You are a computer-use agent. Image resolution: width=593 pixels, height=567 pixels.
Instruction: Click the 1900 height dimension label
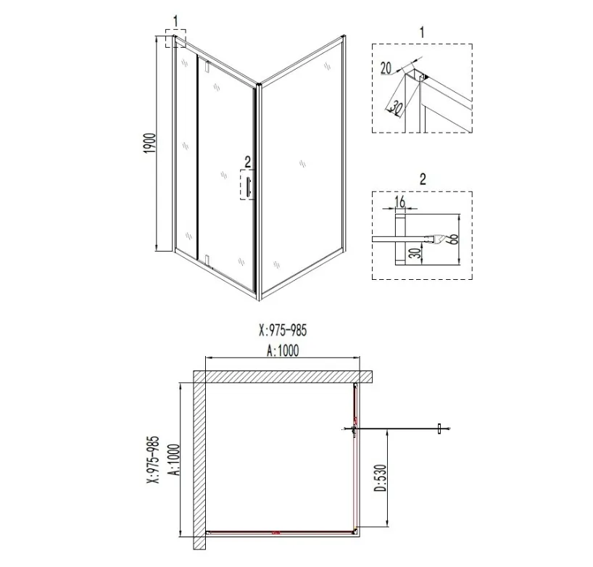coord(150,143)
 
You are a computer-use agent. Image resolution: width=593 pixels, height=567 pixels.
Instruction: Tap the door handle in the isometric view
coord(248,185)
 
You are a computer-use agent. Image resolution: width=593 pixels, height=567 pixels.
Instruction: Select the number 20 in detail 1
coord(386,68)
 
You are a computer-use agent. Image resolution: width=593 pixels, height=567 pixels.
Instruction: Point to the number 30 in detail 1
coord(395,108)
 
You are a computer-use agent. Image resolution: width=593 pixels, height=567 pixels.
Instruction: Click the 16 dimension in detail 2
coord(400,202)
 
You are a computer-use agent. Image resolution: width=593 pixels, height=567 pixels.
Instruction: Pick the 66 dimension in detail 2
coord(455,239)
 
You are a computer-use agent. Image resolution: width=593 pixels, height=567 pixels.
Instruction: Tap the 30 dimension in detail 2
coord(416,253)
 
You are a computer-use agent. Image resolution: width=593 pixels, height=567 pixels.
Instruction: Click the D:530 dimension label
coord(381,478)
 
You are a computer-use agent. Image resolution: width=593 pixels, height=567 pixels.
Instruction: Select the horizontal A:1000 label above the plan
coord(283,351)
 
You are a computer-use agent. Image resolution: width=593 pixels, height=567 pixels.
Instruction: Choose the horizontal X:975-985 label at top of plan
coord(283,330)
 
